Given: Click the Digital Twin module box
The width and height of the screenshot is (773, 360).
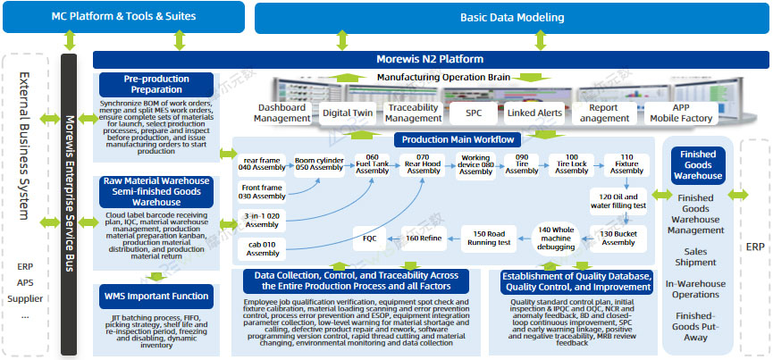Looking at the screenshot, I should [x=349, y=113].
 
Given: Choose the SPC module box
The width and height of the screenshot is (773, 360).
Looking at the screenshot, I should [x=473, y=113].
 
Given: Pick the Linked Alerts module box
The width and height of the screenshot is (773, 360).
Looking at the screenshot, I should [x=534, y=113].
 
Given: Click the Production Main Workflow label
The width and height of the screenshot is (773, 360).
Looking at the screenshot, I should [x=458, y=139].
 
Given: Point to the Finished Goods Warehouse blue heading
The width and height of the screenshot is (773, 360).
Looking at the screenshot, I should [x=698, y=165].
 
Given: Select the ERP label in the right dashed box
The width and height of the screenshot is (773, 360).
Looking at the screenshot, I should [x=755, y=247].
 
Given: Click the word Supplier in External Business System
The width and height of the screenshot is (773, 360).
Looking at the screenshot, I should [x=25, y=297].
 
